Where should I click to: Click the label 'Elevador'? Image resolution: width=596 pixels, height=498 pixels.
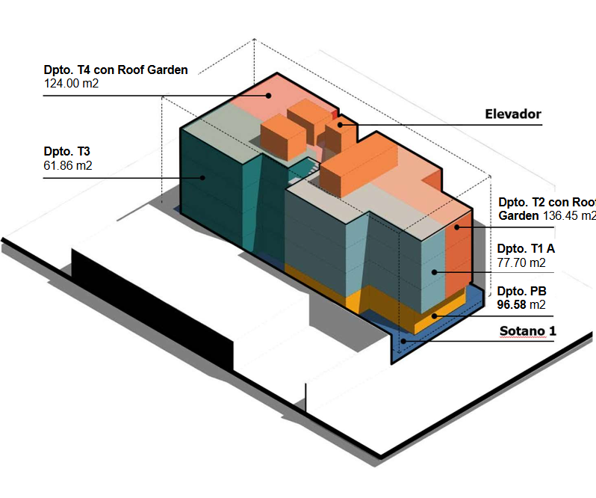(512, 114)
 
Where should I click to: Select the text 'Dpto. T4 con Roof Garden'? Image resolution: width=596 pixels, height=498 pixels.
(116, 70)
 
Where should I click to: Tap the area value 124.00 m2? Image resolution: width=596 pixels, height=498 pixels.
(72, 84)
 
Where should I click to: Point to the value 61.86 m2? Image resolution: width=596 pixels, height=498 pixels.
(68, 165)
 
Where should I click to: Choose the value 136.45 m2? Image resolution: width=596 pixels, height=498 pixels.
(568, 216)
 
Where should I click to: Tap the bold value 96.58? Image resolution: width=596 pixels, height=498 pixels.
(512, 304)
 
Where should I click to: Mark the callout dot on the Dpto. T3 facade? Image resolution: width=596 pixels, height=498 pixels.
(202, 177)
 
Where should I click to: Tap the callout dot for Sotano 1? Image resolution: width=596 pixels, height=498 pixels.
(403, 341)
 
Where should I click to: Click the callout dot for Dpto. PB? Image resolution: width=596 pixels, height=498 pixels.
(434, 316)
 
